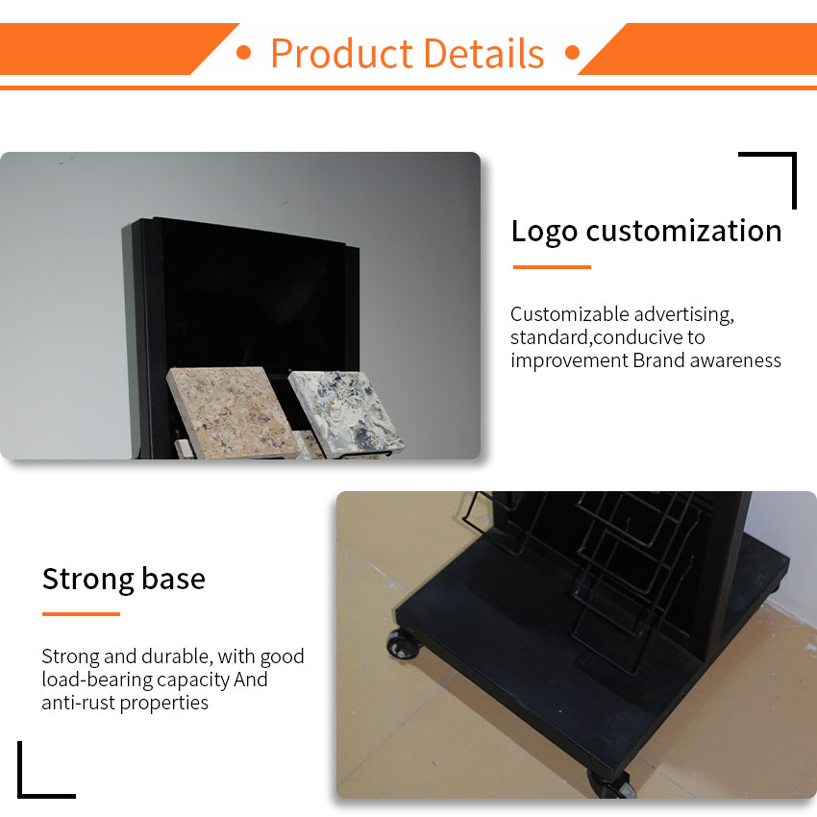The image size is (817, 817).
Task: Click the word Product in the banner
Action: (342, 53)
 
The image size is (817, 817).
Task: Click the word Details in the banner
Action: (484, 53)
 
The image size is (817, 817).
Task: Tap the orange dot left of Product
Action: (243, 53)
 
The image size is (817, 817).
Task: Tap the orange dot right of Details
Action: (572, 53)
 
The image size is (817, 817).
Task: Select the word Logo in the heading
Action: (544, 232)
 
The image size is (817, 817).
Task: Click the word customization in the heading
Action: (683, 231)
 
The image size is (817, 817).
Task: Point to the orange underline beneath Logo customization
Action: (552, 267)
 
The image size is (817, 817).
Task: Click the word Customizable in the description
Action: (570, 314)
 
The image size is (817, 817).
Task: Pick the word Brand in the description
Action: (658, 360)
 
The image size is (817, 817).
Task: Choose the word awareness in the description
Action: (735, 360)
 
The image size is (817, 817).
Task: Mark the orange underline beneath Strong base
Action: (82, 614)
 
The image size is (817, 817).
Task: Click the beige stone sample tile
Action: (233, 411)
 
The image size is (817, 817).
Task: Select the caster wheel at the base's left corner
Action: (404, 645)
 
